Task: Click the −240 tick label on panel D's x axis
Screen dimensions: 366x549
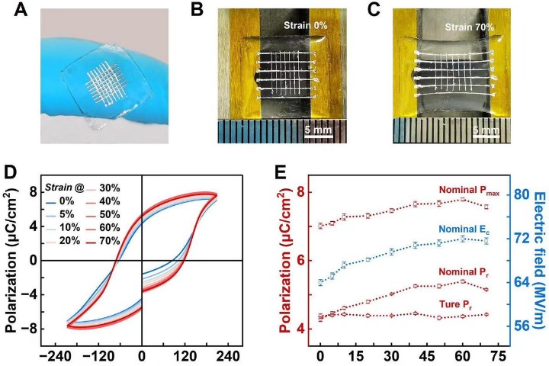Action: (x=54, y=355)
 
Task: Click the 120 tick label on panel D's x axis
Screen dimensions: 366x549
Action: (x=185, y=355)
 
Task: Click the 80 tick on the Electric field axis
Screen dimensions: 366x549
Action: (x=520, y=194)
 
